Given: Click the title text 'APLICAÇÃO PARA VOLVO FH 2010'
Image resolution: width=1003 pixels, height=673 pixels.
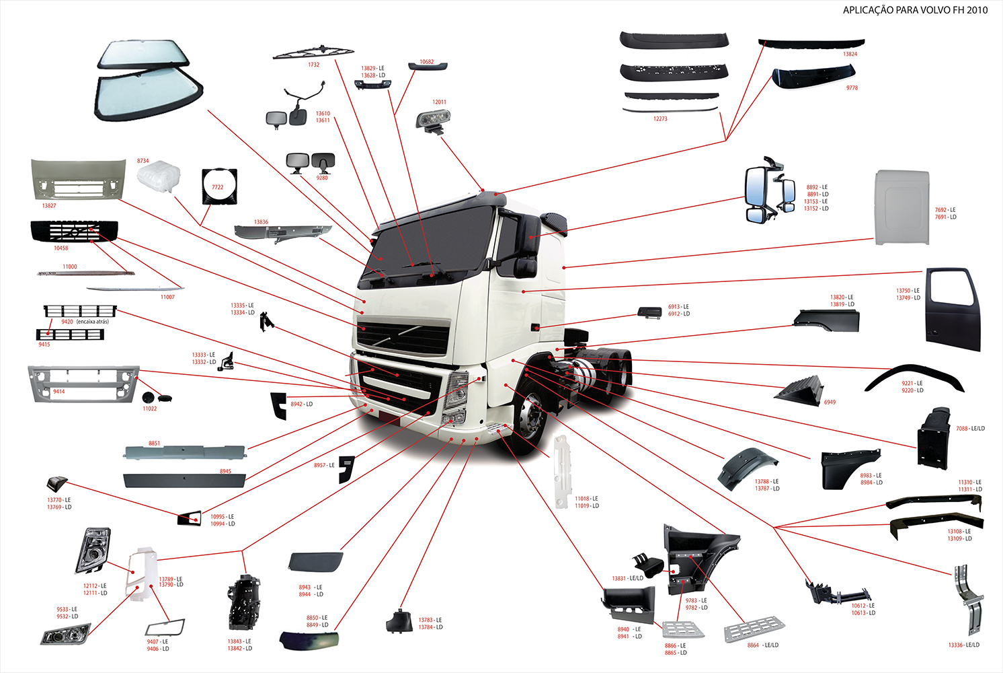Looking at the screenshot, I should tap(915, 10).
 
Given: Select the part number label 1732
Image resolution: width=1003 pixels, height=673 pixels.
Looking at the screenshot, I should tap(313, 65).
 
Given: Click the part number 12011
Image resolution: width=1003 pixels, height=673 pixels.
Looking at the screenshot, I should tap(439, 102).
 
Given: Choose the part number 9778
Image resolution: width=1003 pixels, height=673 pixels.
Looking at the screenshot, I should tap(852, 88).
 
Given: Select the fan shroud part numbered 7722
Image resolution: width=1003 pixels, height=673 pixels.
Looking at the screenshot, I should tap(218, 186).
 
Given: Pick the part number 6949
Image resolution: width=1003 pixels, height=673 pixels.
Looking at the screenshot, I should tap(830, 402).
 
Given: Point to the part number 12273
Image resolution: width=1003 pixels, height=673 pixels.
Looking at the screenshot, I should tap(660, 119).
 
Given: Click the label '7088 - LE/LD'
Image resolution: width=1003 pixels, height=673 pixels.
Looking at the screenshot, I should tap(970, 429).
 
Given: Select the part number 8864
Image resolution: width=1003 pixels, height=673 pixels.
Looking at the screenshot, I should tap(753, 645).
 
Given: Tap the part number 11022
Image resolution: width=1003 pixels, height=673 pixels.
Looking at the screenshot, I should tap(149, 409).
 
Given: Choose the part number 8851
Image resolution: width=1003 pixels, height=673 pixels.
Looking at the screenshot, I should tap(154, 444).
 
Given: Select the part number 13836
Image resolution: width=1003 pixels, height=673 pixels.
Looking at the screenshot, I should tap(261, 222).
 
